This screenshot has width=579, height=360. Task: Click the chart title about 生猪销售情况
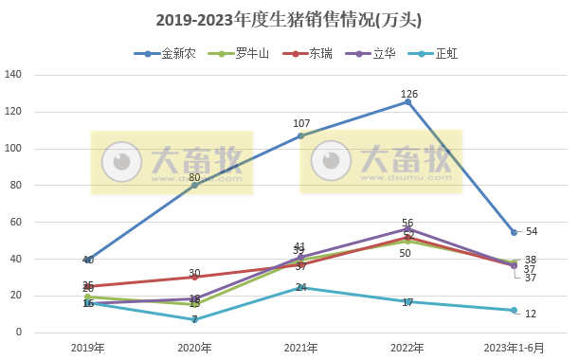point(289,20)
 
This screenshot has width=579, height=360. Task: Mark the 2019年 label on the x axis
point(88,348)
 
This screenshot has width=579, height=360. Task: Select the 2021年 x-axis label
point(301,348)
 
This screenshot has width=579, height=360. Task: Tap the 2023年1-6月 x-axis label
point(515,348)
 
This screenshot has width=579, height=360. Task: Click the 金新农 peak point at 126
point(408,101)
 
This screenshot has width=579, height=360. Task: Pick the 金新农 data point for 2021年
point(301,136)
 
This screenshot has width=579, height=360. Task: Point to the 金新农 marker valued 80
point(195,185)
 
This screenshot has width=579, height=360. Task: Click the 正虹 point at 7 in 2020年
point(195,319)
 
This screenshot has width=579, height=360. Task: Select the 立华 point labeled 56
point(408,229)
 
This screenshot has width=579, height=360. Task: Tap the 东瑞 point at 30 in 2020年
point(195,277)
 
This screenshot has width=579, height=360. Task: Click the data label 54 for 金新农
point(531,232)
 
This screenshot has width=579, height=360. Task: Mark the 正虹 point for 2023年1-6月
point(515,310)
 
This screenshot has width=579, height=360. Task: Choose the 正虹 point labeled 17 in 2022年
point(408,301)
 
